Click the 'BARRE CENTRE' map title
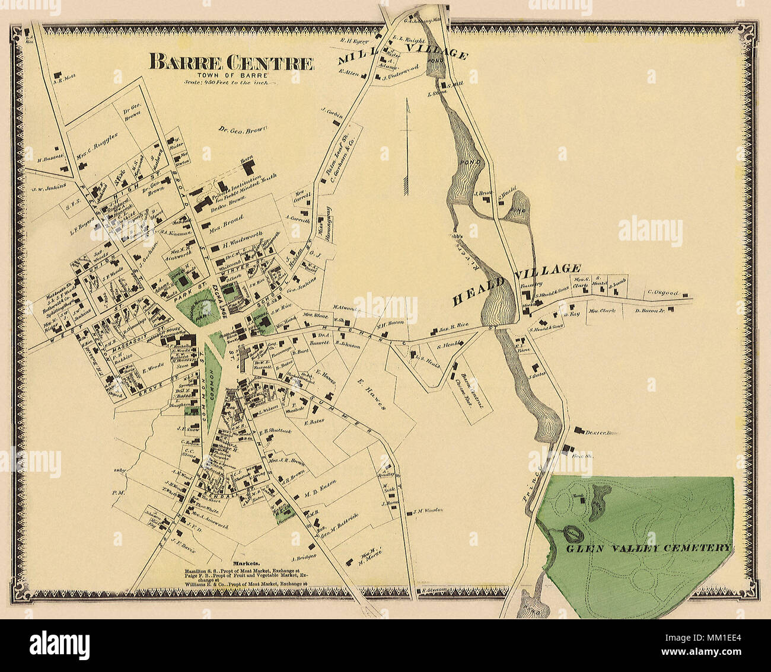pos(231,62)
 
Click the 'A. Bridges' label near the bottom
pos(304,557)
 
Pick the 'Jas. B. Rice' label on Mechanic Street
pos(454,325)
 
